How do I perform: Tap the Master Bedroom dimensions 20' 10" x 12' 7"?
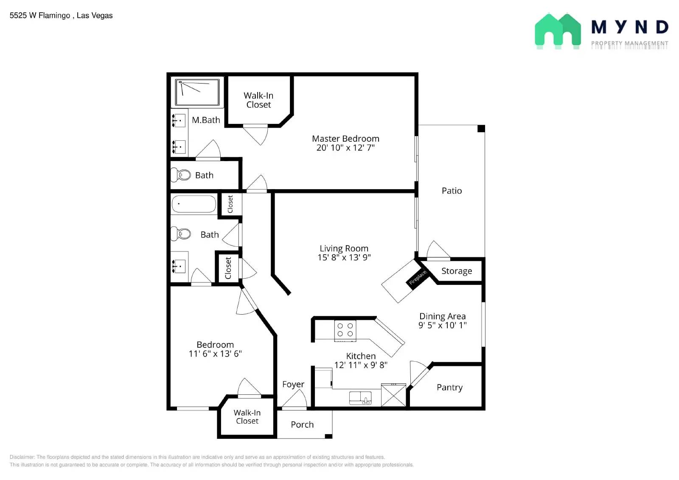(x=345, y=148)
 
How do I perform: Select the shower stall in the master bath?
(x=197, y=92)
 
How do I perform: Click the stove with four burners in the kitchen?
(x=345, y=331)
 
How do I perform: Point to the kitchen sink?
(x=360, y=398)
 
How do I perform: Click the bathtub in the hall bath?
(x=194, y=204)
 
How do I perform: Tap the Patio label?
(x=452, y=191)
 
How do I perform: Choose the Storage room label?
(x=457, y=271)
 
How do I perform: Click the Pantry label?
(x=449, y=388)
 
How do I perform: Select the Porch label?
(x=302, y=424)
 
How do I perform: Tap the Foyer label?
(x=293, y=385)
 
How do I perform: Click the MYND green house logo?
(x=558, y=31)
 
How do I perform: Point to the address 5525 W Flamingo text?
(x=40, y=15)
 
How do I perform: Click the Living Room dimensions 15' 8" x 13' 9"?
(x=344, y=257)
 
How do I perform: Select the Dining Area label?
(x=443, y=316)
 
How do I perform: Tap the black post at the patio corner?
(x=481, y=128)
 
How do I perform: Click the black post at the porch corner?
(x=328, y=436)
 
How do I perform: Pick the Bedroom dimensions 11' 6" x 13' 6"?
(x=215, y=354)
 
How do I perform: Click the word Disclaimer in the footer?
(x=22, y=457)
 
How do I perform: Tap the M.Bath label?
(x=206, y=120)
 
